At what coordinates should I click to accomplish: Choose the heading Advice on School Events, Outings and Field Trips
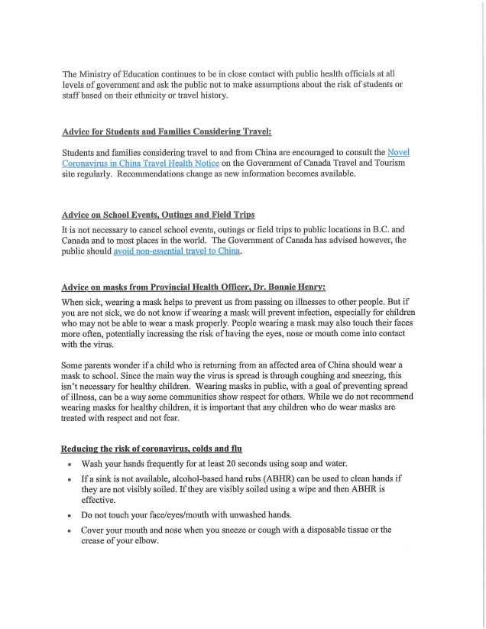tap(158, 214)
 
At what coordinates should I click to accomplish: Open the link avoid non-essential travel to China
tap(177, 251)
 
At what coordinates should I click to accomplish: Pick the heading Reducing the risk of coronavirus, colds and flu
tap(152, 447)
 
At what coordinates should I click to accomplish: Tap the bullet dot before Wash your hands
tap(70, 464)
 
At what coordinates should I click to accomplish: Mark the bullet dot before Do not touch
tap(70, 515)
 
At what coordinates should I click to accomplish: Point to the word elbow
tap(146, 540)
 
